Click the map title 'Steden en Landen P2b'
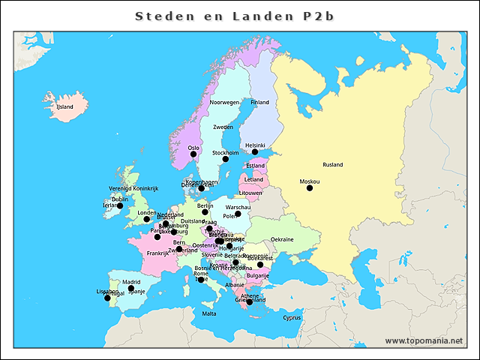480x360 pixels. click(x=239, y=16)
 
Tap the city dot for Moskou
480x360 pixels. click(x=310, y=188)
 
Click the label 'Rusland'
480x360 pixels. click(x=332, y=164)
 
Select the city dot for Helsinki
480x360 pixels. click(x=255, y=152)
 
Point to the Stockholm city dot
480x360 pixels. click(x=225, y=159)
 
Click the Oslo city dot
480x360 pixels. click(x=193, y=154)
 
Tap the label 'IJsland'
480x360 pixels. click(x=65, y=107)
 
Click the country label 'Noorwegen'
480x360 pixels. click(x=224, y=102)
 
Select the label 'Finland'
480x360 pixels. click(x=259, y=102)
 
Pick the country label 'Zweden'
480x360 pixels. click(x=223, y=127)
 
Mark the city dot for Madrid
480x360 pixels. click(x=131, y=289)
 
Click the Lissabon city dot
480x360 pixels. click(x=107, y=298)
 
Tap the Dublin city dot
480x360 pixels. click(x=120, y=205)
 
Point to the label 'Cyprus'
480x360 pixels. click(x=292, y=317)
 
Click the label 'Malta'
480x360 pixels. click(x=209, y=313)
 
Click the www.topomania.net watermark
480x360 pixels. click(x=424, y=340)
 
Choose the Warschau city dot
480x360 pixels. click(x=238, y=214)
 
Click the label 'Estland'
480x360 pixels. click(x=256, y=165)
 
